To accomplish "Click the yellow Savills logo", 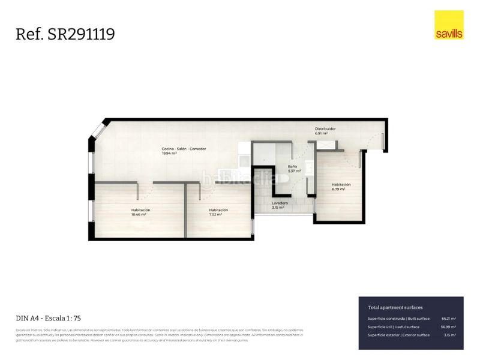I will (449, 25).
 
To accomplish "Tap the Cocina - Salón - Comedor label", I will (184, 148).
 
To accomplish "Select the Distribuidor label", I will (325, 128).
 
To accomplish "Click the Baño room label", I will (292, 166).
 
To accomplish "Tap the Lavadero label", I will (280, 203).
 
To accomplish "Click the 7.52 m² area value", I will (215, 214).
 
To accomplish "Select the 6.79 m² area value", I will (338, 189).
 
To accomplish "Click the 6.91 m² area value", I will (322, 133).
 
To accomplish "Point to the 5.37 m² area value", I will (294, 171).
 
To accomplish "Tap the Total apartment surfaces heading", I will (395, 307).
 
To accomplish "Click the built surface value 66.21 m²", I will (448, 319).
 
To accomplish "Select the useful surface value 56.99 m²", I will (448, 327).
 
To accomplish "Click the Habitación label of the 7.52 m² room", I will (218, 210).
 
